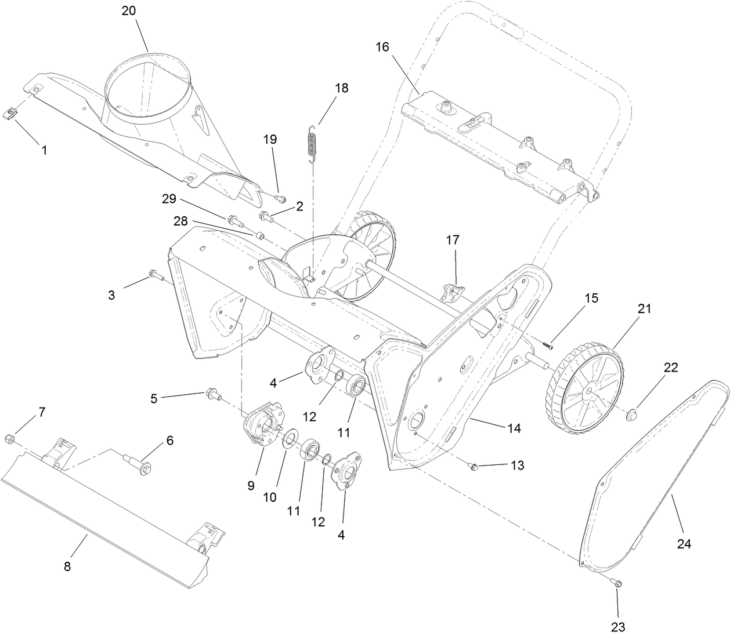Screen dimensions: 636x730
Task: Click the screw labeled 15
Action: coord(548,344)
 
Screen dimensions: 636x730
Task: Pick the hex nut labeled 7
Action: coord(10,437)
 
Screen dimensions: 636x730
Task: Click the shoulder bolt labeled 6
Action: coord(139,463)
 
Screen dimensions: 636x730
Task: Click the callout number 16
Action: coord(382,47)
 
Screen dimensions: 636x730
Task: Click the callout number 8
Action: coord(67,566)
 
